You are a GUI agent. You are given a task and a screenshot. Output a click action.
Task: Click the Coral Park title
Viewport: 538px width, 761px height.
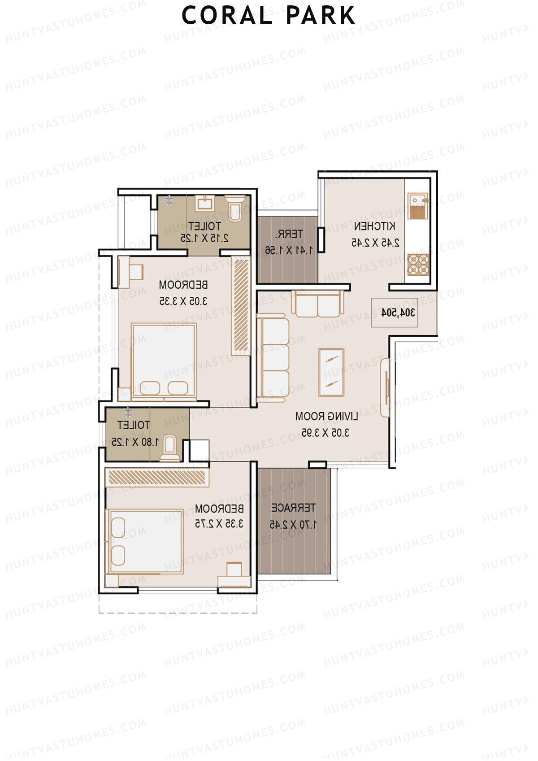pyautogui.click(x=268, y=16)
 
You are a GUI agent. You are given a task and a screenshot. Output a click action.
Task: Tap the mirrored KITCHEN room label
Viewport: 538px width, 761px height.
pyautogui.click(x=375, y=226)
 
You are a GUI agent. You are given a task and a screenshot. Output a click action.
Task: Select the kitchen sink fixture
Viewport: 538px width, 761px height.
pyautogui.click(x=418, y=207)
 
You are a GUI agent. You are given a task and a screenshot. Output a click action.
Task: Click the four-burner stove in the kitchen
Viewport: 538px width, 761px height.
pyautogui.click(x=418, y=264)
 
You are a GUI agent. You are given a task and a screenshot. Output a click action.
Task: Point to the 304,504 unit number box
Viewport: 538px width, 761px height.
pyautogui.click(x=395, y=313)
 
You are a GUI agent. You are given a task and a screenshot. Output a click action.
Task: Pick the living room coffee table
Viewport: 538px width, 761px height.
pyautogui.click(x=331, y=372)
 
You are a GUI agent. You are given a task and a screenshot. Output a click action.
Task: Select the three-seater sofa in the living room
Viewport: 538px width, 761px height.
pyautogui.click(x=273, y=357)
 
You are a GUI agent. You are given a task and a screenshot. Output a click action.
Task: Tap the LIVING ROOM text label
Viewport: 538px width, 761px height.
pyautogui.click(x=326, y=417)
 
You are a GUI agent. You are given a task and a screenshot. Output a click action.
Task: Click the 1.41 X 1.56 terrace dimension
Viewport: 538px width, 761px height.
pyautogui.click(x=288, y=251)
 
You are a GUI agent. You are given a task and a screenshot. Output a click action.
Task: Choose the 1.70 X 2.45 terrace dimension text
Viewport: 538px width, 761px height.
pyautogui.click(x=293, y=524)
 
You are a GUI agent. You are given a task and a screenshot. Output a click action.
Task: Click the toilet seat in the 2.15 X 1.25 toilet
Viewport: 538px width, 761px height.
pyautogui.click(x=234, y=208)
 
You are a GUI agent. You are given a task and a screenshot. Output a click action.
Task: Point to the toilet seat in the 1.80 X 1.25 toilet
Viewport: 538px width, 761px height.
pyautogui.click(x=170, y=448)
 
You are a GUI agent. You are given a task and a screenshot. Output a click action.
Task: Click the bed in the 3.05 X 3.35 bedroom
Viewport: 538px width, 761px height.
pyautogui.click(x=164, y=361)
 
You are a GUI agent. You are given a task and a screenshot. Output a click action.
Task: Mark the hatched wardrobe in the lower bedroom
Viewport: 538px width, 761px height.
pyautogui.click(x=157, y=477)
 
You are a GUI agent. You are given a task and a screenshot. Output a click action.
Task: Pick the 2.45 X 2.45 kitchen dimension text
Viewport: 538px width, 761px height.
pyautogui.click(x=375, y=243)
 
